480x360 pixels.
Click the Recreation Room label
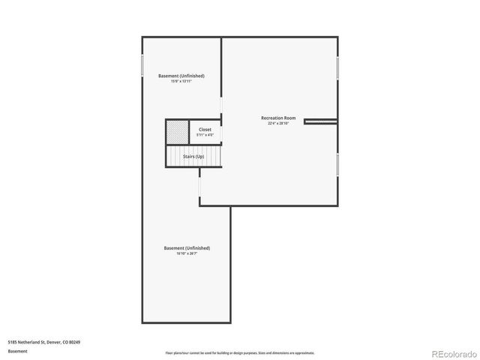click(278, 118)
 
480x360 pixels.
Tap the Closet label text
click(205, 129)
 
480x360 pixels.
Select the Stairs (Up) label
click(194, 156)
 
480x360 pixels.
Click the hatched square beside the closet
click(177, 131)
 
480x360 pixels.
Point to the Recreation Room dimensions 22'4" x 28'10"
click(278, 124)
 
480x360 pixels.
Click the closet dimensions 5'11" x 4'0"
click(205, 135)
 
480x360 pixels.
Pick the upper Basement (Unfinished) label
click(181, 76)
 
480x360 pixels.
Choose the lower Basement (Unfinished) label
click(187, 247)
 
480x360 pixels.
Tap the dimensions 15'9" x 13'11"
click(181, 81)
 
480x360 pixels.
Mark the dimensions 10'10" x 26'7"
click(187, 253)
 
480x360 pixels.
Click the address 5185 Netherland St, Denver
click(44, 342)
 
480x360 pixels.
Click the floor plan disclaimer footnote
click(240, 352)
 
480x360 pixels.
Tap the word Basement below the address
click(18, 351)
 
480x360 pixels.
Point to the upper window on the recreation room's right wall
click(337, 67)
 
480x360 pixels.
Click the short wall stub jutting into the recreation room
click(321, 120)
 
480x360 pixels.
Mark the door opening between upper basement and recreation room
click(221, 106)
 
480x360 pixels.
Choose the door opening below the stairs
click(199, 183)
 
